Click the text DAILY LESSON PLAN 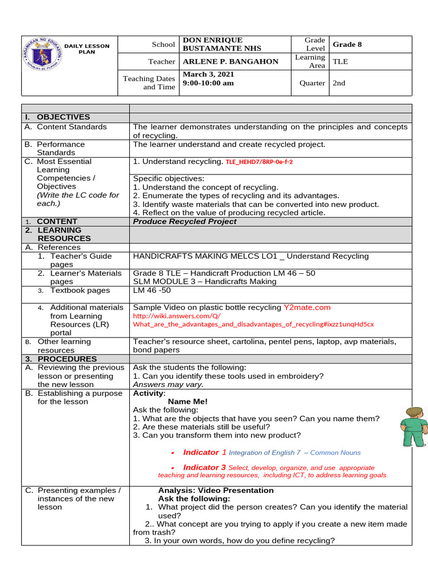click(x=87, y=49)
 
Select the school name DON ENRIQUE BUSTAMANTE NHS click(x=221, y=45)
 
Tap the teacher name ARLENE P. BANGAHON click(x=230, y=62)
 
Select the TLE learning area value click(x=340, y=62)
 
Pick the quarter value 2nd click(x=339, y=83)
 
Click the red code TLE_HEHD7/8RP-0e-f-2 click(x=259, y=162)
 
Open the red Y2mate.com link click(x=307, y=307)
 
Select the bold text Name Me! click(x=187, y=401)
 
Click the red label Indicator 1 click(x=205, y=452)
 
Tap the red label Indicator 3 click(x=205, y=467)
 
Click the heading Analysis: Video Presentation click(x=216, y=491)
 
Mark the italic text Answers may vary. click(x=168, y=384)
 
